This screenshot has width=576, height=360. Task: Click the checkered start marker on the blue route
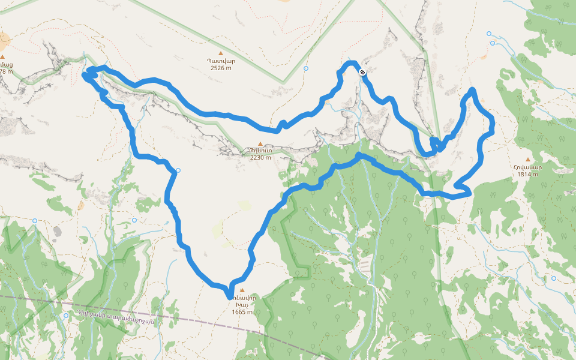tap(362, 72)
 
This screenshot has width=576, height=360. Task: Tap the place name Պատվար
tap(221, 61)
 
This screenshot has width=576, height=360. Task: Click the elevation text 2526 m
tap(221, 68)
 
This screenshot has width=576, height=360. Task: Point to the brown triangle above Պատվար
tap(221, 53)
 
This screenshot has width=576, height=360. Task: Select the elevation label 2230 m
tap(260, 157)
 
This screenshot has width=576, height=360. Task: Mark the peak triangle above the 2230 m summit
tap(260, 143)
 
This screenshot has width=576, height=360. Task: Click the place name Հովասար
tap(528, 167)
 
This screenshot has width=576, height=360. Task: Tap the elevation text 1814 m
tap(528, 175)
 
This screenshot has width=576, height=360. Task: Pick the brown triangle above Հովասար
tap(528, 160)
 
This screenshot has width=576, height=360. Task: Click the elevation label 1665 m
tap(242, 311)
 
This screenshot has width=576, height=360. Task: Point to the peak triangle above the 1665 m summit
tap(242, 290)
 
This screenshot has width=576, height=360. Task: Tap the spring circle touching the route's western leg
tap(178, 170)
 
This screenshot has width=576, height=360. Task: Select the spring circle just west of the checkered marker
tap(306, 69)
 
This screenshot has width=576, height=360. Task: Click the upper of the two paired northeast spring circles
tap(489, 34)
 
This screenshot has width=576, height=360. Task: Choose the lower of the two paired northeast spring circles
tap(493, 43)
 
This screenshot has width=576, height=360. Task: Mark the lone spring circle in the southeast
tap(553, 278)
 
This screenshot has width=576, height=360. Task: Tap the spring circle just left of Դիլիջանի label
tap(65, 315)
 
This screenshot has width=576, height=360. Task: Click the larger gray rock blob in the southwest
tap(57, 231)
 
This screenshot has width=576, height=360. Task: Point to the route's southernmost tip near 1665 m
tap(229, 296)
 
